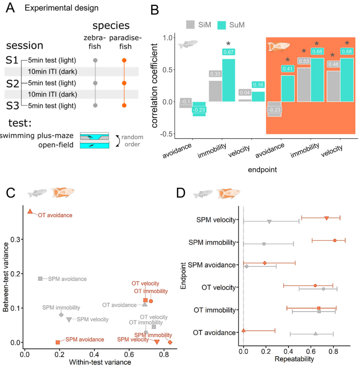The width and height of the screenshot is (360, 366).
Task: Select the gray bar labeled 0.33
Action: [x=215, y=91]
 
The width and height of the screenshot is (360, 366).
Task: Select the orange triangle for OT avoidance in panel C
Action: [x=30, y=211]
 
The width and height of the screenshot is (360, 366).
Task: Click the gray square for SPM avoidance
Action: [x=40, y=279]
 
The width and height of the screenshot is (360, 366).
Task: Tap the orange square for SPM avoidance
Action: [x=58, y=342]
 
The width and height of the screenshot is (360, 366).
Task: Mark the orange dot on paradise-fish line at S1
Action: [x=124, y=60]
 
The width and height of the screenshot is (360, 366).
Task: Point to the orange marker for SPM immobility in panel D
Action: [x=335, y=240]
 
